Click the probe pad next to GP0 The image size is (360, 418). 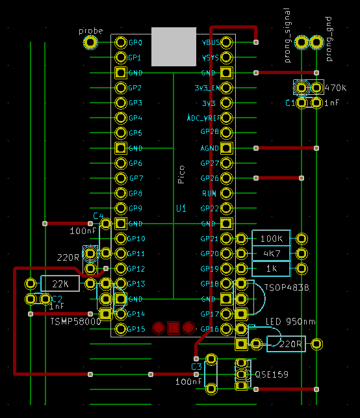pyautogui.click(x=91, y=43)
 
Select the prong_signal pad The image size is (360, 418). pyautogui.click(x=302, y=43)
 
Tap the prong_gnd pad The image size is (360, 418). pyautogui.click(x=316, y=43)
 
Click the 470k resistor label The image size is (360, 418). pyautogui.click(x=337, y=88)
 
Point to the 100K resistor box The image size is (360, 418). pyautogui.click(x=272, y=239)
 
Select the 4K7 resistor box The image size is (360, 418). pyautogui.click(x=272, y=254)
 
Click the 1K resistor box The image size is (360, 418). pyautogui.click(x=272, y=268)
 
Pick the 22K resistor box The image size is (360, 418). pyautogui.click(x=60, y=284)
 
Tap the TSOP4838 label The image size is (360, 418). pyautogui.click(x=286, y=287)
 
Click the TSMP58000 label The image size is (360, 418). pyautogui.click(x=75, y=320)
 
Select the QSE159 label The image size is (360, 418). pyautogui.click(x=272, y=375)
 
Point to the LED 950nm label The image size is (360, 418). pyautogui.click(x=291, y=321)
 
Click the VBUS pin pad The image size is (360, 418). pyautogui.click(x=226, y=43)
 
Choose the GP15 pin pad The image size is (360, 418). pyautogui.click(x=121, y=329)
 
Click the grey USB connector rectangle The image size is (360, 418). pyautogui.click(x=174, y=46)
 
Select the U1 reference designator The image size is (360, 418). pyautogui.click(x=181, y=209)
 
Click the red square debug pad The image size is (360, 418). pyautogui.click(x=174, y=328)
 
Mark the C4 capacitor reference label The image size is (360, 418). pyautogui.click(x=98, y=215)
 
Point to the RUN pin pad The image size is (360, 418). pyautogui.click(x=226, y=193)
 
